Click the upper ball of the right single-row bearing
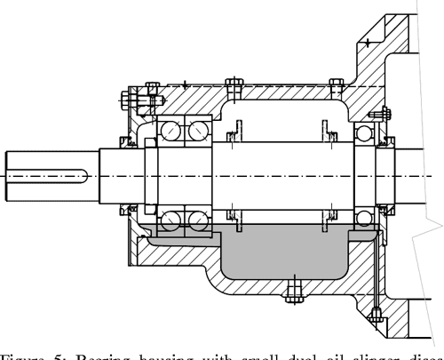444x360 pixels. coord(365,135)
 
